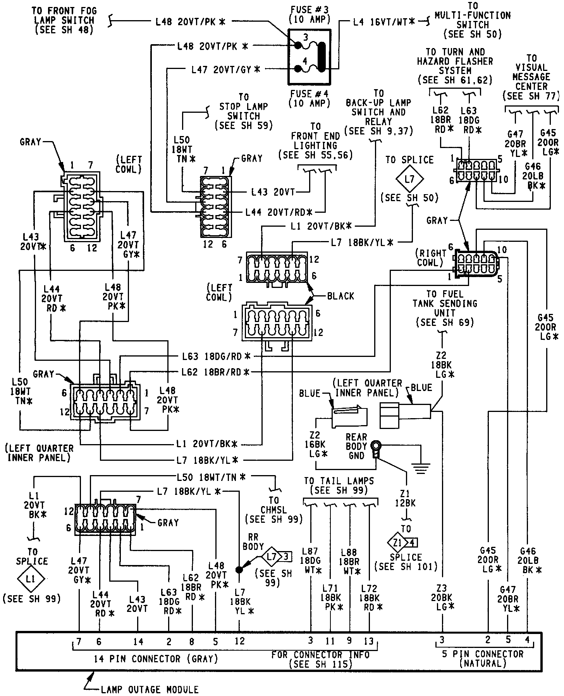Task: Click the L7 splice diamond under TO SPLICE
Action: pos(409,179)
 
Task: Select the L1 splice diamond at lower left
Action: pos(31,579)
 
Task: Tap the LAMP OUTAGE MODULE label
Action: pos(150,689)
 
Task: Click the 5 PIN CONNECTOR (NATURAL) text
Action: pos(483,658)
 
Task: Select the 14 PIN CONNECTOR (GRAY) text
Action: pos(156,658)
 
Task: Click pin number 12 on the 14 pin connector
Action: pos(240,641)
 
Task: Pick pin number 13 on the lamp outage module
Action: pos(369,641)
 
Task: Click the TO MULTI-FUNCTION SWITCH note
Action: pos(473,20)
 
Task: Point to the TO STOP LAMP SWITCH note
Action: pos(244,111)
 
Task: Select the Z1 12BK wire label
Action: pos(405,498)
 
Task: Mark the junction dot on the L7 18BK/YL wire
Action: pos(239,569)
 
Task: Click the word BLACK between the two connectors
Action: pos(340,296)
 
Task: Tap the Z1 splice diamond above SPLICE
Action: pos(397,543)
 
